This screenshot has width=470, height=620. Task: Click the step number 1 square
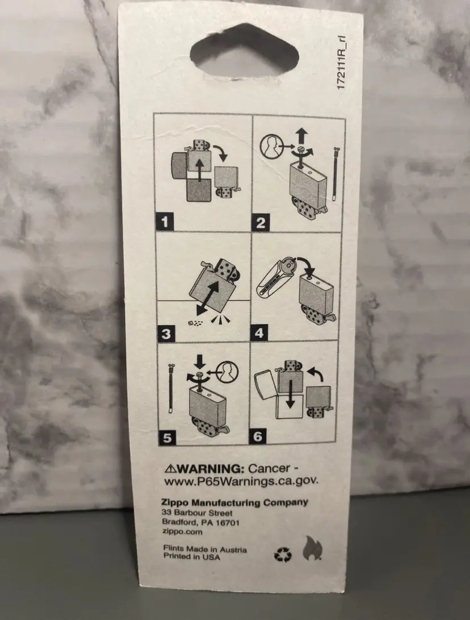(x=165, y=221)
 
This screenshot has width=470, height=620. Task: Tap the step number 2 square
(x=261, y=223)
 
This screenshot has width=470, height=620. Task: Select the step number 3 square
(x=166, y=334)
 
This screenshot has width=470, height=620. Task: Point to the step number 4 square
(x=259, y=333)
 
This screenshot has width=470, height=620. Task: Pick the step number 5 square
(x=167, y=438)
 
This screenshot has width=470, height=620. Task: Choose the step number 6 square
(x=258, y=436)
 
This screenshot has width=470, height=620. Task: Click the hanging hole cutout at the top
(x=244, y=51)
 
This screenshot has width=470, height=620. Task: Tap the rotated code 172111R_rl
(x=342, y=63)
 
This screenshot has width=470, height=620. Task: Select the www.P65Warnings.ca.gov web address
(x=241, y=481)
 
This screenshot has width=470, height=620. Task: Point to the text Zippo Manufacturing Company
(x=234, y=502)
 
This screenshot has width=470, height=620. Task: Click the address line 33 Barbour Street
(x=197, y=513)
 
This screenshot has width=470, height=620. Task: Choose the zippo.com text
(x=182, y=532)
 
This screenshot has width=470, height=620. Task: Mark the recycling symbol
(x=283, y=554)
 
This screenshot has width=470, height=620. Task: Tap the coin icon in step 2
(x=272, y=146)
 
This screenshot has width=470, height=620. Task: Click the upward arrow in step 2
(x=301, y=136)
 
